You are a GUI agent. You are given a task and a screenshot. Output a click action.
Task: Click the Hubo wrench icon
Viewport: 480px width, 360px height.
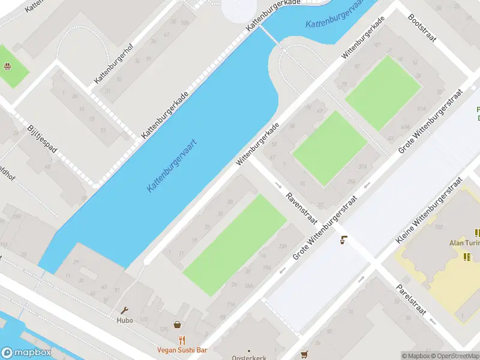(x=125, y=310)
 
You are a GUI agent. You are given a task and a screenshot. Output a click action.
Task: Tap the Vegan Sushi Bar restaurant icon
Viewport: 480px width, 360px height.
(x=182, y=340)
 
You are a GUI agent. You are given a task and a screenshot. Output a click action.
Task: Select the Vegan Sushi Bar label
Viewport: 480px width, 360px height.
(x=182, y=350)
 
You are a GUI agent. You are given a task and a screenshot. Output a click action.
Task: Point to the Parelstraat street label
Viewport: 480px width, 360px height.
(x=410, y=299)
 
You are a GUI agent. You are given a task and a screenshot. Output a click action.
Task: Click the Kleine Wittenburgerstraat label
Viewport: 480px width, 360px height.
(x=430, y=210)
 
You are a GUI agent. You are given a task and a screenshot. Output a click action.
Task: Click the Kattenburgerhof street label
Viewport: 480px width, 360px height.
(x=112, y=62)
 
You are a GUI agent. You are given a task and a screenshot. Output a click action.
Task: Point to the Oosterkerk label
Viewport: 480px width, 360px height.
(x=250, y=357)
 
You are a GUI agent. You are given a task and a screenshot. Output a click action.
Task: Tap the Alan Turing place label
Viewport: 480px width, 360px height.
(x=464, y=243)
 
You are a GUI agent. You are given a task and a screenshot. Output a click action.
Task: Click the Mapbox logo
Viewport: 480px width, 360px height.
(x=26, y=353)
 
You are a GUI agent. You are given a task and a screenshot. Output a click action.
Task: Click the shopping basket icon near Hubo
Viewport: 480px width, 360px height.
(x=178, y=325)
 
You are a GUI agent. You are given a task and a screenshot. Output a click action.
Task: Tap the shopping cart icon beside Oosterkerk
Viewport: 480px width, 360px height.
(x=304, y=355)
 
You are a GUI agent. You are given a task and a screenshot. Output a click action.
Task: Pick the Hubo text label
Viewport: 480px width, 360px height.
(x=125, y=320)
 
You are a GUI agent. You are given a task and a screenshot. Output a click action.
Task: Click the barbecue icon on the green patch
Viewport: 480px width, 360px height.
(x=8, y=67)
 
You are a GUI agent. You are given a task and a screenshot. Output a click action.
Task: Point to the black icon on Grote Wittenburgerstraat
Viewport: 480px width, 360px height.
(x=343, y=241)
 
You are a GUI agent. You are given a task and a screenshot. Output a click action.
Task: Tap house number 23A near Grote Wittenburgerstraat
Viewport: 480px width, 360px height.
(x=283, y=245)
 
